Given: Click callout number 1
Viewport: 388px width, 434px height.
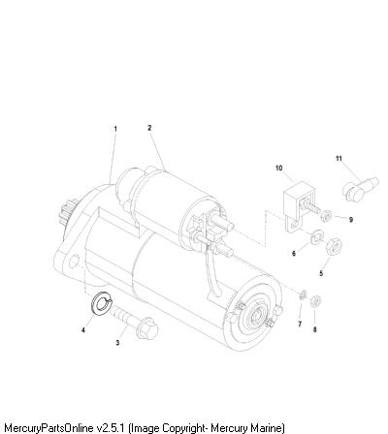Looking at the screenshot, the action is [x=115, y=129].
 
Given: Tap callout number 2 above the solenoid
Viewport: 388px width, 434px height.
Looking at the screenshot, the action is [x=149, y=128].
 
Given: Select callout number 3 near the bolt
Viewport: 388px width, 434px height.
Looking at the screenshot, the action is [x=117, y=343].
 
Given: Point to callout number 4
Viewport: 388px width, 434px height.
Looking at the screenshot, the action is [x=83, y=330].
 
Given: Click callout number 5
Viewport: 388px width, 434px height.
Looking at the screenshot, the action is [x=321, y=273].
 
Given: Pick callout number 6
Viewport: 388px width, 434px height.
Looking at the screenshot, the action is [x=294, y=254].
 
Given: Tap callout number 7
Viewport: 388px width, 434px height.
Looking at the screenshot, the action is [x=300, y=324].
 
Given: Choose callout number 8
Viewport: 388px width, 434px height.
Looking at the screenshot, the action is [x=315, y=329].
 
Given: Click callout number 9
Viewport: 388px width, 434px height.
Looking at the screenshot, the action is [x=351, y=220].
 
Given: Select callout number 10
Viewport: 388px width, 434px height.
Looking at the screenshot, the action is [x=278, y=168].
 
